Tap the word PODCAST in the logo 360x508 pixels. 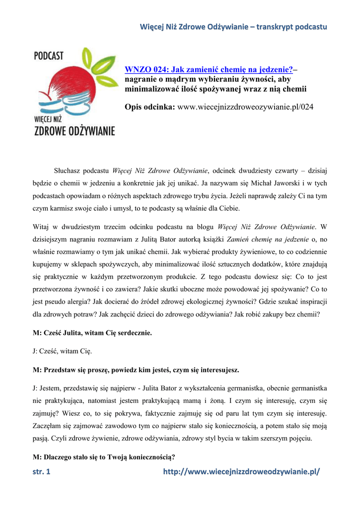click(x=49, y=56)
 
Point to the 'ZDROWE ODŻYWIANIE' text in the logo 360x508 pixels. click(x=74, y=131)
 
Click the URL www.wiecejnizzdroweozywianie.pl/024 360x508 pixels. click(x=246, y=107)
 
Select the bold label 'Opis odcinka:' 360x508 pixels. click(x=150, y=107)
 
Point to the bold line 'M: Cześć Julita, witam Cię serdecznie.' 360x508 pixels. click(x=92, y=333)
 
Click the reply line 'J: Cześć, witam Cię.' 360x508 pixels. click(x=62, y=351)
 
